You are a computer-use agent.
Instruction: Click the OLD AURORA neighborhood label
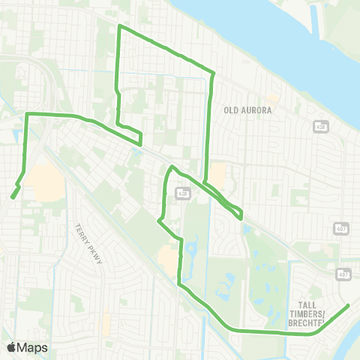coord(247,109)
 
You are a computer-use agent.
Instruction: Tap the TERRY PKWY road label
coord(83,240)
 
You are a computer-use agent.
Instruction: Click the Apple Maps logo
coord(27,347)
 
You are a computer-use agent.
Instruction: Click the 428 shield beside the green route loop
coord(183,193)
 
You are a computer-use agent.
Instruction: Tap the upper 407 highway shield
coord(341,228)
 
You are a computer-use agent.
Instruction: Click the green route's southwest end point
coord(13,197)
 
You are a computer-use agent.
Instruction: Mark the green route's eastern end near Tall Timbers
coord(349,305)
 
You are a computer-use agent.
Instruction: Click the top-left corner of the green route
coord(119,26)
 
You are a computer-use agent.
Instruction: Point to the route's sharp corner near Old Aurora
coord(214,73)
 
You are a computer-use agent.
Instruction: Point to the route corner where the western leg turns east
coord(28,114)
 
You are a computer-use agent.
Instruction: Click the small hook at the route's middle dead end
coord(139,139)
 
